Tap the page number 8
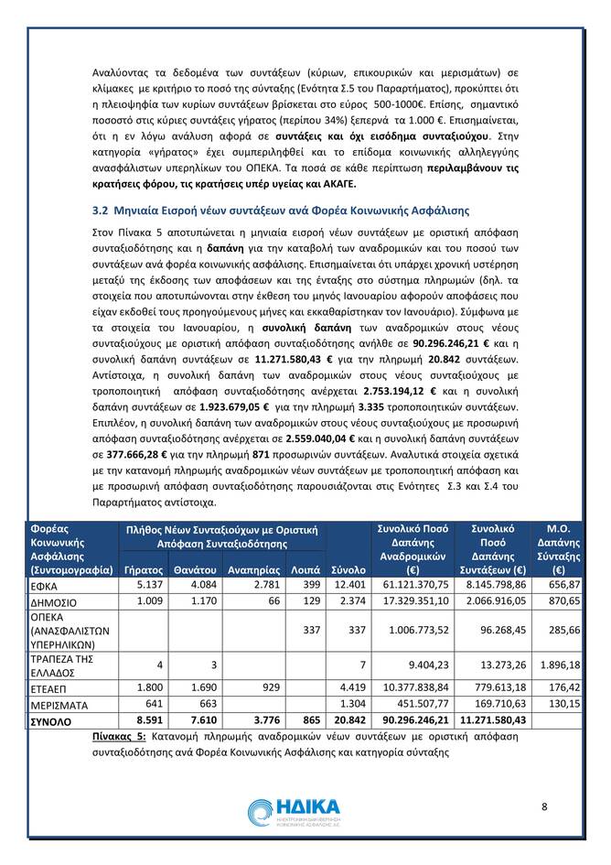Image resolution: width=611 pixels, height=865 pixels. click(x=544, y=806)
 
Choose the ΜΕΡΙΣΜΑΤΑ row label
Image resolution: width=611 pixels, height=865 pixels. click(x=59, y=704)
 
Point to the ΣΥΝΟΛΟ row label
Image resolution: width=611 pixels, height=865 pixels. click(x=53, y=720)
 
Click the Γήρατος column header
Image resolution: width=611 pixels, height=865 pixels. click(x=143, y=568)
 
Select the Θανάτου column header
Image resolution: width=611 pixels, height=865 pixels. click(x=194, y=568)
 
